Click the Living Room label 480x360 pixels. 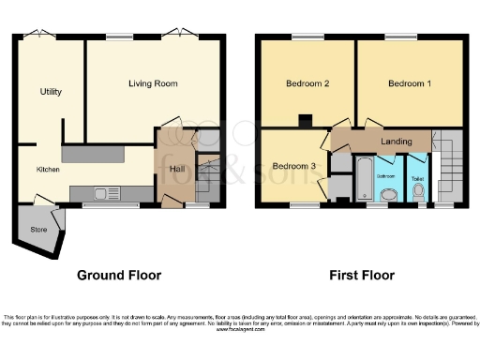[x=153, y=83]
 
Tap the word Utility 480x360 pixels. [x=51, y=92]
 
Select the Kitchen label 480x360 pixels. [x=48, y=170]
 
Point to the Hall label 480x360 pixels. [x=176, y=168]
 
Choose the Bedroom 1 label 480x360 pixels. [x=410, y=83]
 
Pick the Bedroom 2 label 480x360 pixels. [x=307, y=83]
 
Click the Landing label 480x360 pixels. [x=397, y=142]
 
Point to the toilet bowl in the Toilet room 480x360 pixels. [x=418, y=191]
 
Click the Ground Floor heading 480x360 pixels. [x=118, y=276]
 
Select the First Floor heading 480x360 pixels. [x=361, y=276]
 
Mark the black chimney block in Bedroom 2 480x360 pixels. [x=304, y=120]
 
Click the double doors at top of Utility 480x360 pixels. [x=39, y=36]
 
